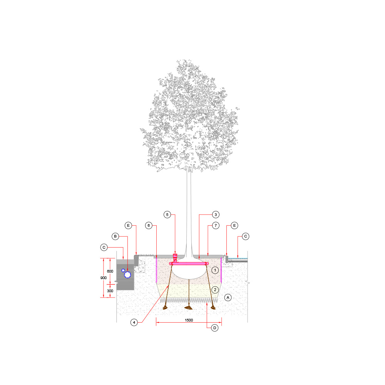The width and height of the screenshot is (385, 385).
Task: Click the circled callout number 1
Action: [215, 270]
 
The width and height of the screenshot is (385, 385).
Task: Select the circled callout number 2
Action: [215, 290]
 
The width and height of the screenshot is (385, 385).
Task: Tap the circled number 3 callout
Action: [216, 214]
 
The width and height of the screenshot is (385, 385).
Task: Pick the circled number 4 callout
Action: [134, 322]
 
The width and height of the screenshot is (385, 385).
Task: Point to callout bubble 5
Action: [167, 214]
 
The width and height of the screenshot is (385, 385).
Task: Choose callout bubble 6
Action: [149, 225]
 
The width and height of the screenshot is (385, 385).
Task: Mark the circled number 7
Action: [216, 225]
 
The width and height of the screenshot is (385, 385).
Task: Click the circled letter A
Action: [228, 298]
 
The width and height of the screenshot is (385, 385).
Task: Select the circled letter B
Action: [115, 236]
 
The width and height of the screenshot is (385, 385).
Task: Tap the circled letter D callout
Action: [215, 328]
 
